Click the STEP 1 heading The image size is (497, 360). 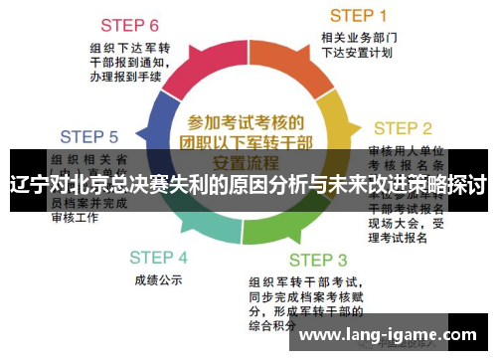click(x=358, y=15)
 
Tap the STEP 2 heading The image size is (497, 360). click(x=402, y=128)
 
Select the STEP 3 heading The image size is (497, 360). click(x=318, y=261)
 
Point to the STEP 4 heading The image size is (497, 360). click(x=158, y=257)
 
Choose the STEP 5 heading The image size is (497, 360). click(x=89, y=136)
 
